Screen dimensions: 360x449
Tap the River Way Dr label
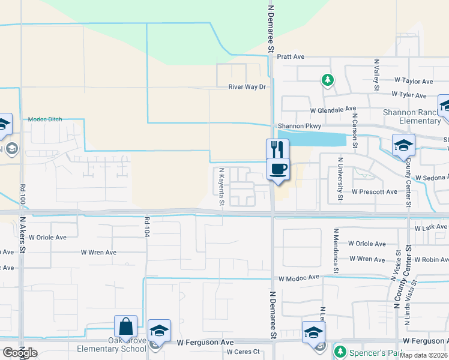click(247, 87)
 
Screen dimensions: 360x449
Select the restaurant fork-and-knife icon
click(277, 148)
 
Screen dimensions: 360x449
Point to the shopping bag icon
click(126, 326)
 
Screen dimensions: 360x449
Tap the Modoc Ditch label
click(45, 119)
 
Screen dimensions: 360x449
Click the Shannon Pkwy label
click(300, 127)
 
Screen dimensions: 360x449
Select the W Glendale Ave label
click(333, 110)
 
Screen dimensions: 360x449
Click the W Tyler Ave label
click(409, 95)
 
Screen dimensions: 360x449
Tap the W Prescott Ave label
click(375, 192)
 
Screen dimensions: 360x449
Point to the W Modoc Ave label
click(298, 278)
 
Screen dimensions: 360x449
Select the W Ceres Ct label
click(243, 352)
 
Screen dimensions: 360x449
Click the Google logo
click(19, 353)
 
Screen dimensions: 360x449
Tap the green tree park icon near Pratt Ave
click(327, 79)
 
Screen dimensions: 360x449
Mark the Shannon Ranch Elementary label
click(412, 116)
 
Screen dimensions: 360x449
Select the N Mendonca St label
click(336, 243)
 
